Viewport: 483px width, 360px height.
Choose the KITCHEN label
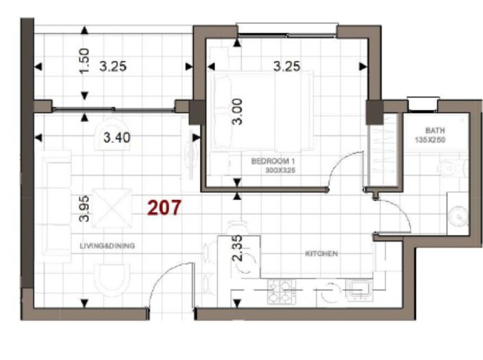point(321,254)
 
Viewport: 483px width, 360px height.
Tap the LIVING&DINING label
point(106,245)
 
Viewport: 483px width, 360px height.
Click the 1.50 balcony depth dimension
point(84,62)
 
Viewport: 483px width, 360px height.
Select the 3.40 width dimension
point(116,137)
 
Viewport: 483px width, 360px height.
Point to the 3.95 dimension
point(84,208)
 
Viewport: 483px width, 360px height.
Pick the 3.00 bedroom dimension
point(237,110)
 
